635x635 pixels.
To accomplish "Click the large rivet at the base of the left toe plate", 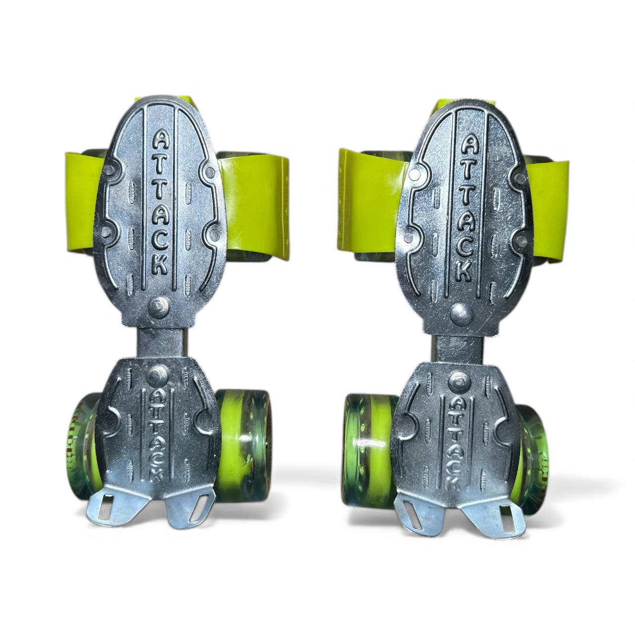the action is tap(159, 306).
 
